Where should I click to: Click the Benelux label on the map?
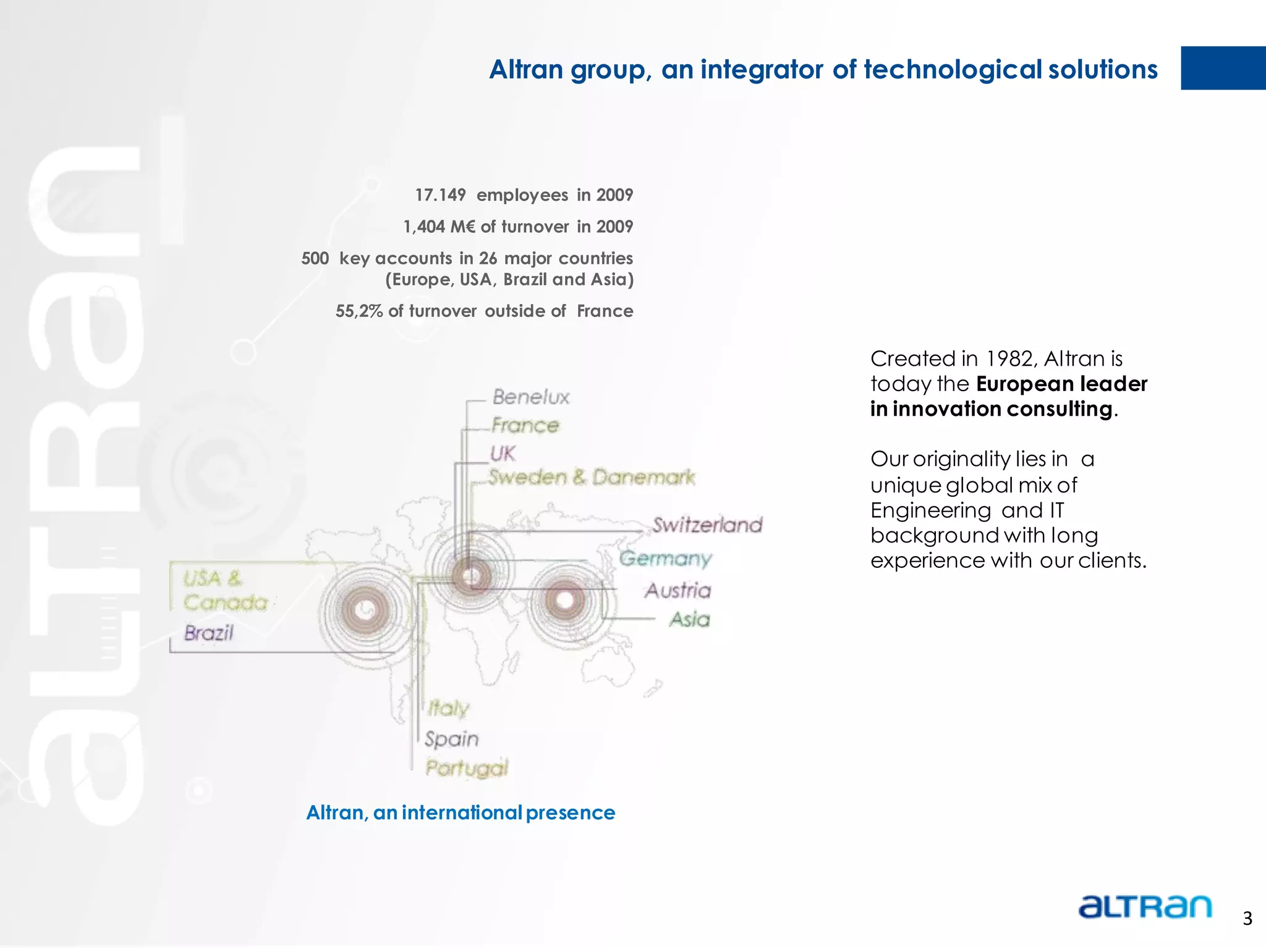click(x=530, y=397)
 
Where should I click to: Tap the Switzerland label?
click(x=707, y=525)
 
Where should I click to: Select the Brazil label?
click(x=209, y=633)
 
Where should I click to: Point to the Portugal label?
click(x=467, y=768)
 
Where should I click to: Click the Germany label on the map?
click(x=665, y=559)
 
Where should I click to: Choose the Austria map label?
click(x=678, y=591)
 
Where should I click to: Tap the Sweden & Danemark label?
click(x=591, y=477)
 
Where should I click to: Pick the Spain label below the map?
click(x=451, y=739)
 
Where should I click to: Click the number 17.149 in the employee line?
click(x=440, y=195)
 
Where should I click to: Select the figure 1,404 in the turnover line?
click(x=423, y=227)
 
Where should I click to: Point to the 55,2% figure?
click(x=359, y=311)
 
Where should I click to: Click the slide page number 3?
click(x=1247, y=919)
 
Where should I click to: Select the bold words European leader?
click(x=1061, y=384)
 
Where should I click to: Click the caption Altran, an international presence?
click(x=461, y=812)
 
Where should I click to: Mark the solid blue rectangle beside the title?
click(x=1223, y=68)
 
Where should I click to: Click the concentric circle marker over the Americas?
click(x=366, y=609)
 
